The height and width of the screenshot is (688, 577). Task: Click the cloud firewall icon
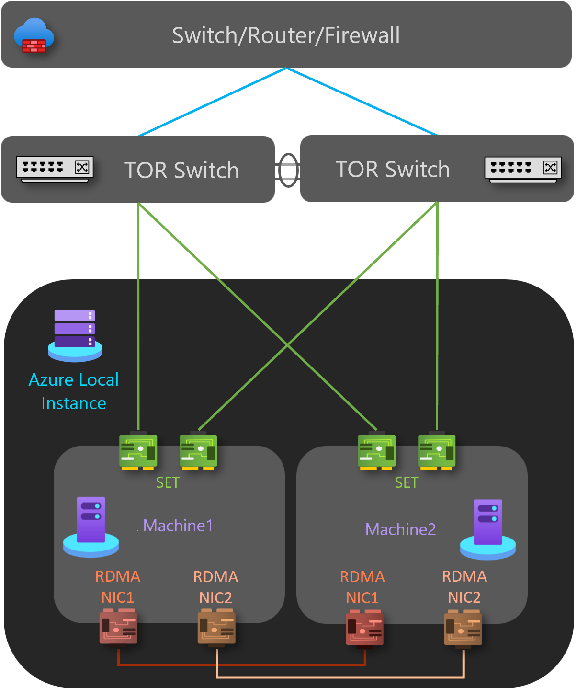click(x=34, y=35)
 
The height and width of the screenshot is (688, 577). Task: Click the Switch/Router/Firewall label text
click(x=286, y=35)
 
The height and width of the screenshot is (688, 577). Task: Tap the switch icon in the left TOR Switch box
click(x=55, y=169)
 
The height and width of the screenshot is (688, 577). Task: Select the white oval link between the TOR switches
click(x=288, y=170)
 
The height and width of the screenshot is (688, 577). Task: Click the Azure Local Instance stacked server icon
click(x=75, y=335)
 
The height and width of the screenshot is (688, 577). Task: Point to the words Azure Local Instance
click(x=74, y=391)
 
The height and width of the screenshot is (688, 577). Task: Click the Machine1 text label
click(x=178, y=526)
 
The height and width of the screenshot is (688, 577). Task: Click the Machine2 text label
click(x=400, y=529)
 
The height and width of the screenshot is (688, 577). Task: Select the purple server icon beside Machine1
click(x=91, y=527)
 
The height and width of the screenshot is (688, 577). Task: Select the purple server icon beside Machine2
click(x=488, y=529)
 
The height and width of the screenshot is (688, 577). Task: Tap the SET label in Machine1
click(x=168, y=482)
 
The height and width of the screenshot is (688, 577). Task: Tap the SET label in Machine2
click(x=407, y=482)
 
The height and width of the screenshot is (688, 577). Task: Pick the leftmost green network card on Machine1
click(x=138, y=451)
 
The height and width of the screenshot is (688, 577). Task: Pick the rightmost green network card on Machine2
click(x=437, y=451)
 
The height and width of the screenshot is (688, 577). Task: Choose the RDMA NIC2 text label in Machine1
click(x=215, y=587)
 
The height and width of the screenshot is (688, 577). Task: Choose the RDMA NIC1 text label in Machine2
click(x=362, y=587)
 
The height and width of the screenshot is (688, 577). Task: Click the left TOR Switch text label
click(x=181, y=170)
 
